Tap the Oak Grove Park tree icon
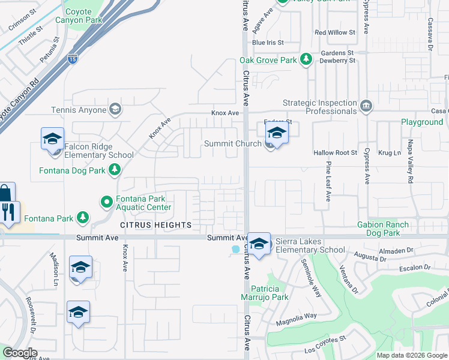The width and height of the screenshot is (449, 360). pos(306,59)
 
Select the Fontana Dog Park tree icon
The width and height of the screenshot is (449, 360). pos(114,170)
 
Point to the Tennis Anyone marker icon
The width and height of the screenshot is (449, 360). pos(115,109)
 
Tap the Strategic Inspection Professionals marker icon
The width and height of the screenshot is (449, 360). pos(366,106)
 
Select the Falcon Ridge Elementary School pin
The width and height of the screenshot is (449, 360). pos(52,138)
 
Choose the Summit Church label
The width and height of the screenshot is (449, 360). pos(232,143)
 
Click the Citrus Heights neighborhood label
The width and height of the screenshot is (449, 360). pos(155,225)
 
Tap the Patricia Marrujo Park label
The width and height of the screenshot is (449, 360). pos(278,293)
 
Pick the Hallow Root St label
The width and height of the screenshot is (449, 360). pos(335,153)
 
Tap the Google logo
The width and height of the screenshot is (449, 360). pos(20,353)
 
